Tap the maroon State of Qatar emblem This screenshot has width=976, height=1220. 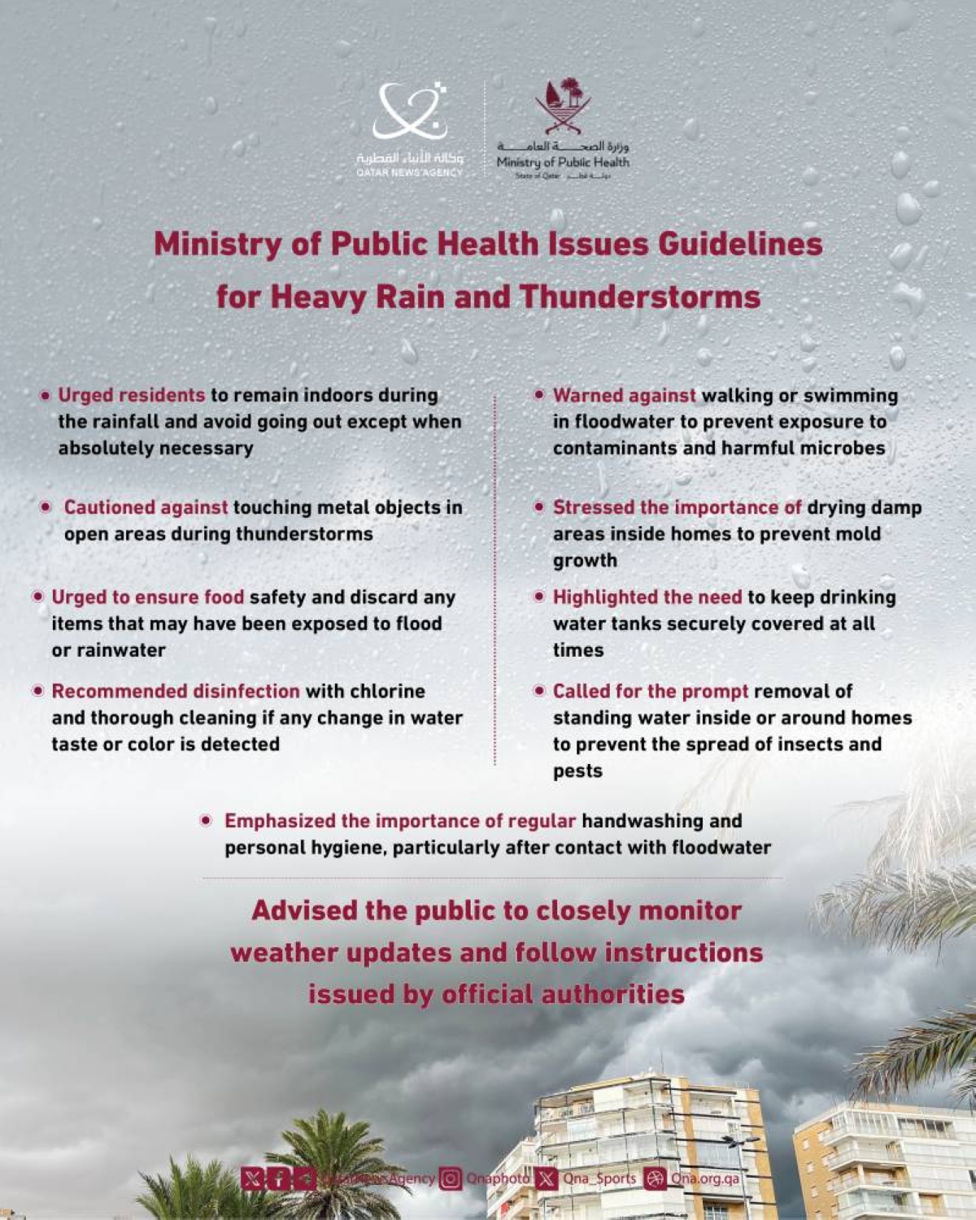(x=563, y=106)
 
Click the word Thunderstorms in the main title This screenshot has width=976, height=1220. (x=640, y=297)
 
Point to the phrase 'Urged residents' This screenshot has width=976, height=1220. (x=131, y=395)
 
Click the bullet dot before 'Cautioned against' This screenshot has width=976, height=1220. (x=46, y=507)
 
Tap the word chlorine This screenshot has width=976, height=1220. (x=387, y=691)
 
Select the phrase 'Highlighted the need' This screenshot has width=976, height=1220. (x=647, y=597)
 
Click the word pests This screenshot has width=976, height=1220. (x=577, y=771)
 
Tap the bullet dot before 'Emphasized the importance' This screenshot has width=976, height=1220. (x=207, y=821)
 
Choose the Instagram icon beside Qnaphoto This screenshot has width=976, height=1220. (x=450, y=1178)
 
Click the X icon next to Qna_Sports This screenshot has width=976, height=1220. (x=547, y=1178)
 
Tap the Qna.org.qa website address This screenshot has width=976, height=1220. (x=704, y=1178)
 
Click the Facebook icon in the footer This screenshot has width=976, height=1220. (x=278, y=1178)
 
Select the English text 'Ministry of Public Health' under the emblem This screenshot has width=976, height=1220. (x=563, y=162)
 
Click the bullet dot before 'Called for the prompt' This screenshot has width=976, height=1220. (x=538, y=691)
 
